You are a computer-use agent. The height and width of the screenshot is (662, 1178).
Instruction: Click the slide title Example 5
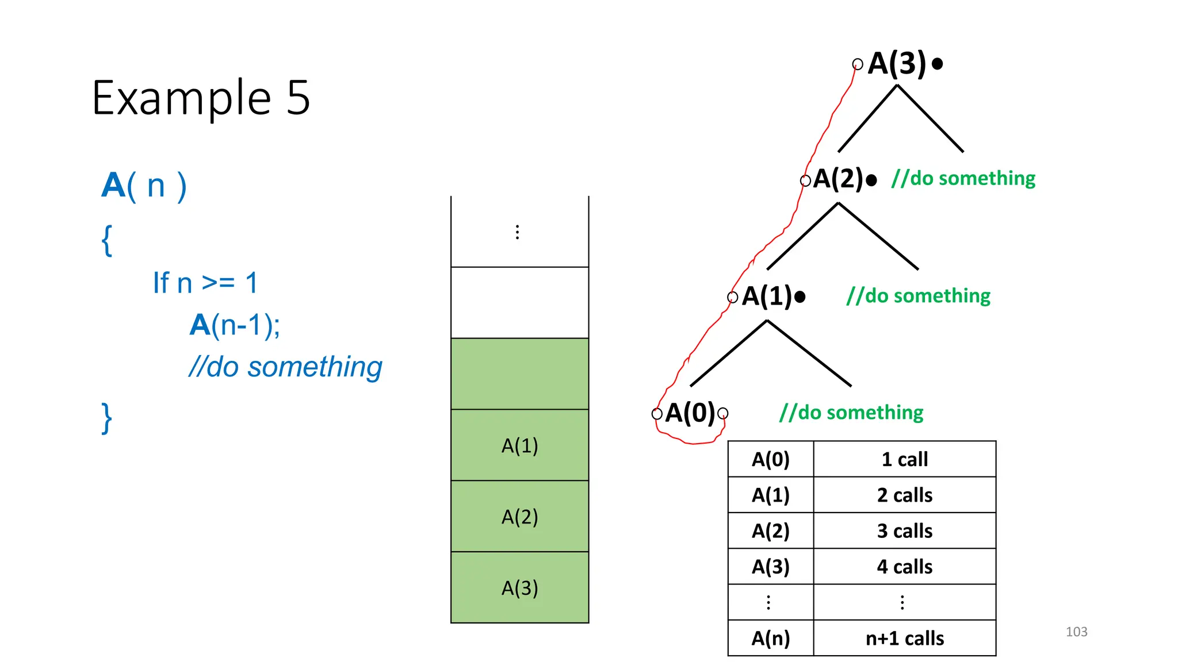point(201,98)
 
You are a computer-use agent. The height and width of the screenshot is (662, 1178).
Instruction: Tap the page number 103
point(1076,632)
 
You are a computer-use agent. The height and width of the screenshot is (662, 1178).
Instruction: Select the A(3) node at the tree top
point(897,63)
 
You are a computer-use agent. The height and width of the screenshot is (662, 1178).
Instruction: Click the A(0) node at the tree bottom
point(690,413)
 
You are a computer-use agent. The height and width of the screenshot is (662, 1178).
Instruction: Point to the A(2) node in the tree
point(838,179)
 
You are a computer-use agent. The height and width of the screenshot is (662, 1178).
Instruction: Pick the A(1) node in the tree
point(767,297)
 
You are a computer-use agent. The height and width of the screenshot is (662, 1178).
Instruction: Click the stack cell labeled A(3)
point(519,588)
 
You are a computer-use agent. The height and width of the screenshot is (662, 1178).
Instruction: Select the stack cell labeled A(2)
point(519,517)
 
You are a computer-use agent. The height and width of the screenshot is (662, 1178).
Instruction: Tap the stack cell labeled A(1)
point(519,445)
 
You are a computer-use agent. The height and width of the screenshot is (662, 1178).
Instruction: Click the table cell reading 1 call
point(904,459)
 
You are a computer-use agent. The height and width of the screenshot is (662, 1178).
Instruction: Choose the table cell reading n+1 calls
point(904,638)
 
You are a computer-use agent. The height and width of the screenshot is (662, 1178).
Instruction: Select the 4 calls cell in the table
point(904,567)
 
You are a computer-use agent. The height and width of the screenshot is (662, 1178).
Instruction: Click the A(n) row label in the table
point(770,638)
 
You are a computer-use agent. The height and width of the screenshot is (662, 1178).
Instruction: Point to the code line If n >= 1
point(205,283)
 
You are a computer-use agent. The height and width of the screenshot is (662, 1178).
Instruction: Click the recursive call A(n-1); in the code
point(235,325)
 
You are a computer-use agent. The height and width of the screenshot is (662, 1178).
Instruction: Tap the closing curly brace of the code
point(106,418)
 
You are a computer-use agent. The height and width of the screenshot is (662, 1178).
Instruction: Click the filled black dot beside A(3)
point(937,64)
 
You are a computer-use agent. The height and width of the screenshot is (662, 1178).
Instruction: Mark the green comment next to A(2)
point(963,178)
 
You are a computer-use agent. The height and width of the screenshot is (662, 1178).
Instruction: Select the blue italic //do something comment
point(285,367)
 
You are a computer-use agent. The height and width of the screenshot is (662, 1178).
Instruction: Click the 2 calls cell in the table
point(904,495)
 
